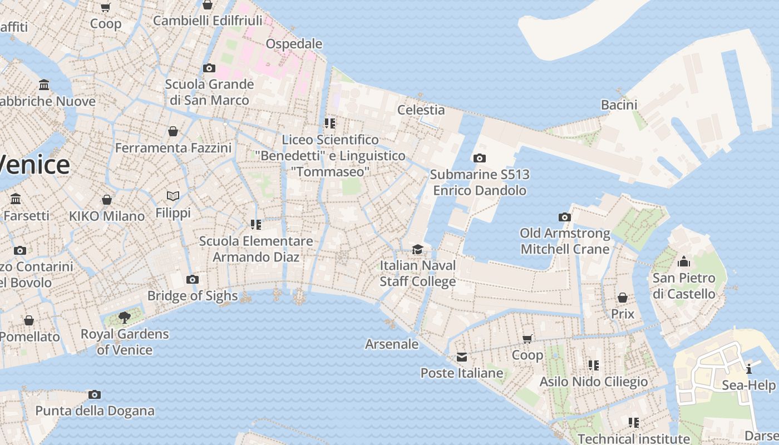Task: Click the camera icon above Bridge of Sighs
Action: (x=193, y=279)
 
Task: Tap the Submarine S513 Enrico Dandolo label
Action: (x=480, y=182)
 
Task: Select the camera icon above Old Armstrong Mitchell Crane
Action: (x=565, y=217)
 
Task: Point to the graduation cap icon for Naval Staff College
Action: (x=417, y=249)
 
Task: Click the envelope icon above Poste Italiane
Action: (x=462, y=357)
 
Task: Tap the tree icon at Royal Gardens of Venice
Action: (x=125, y=318)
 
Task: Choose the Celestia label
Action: (x=421, y=110)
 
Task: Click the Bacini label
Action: (x=619, y=105)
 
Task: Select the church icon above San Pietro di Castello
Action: (x=684, y=261)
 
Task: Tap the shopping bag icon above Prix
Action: (x=623, y=298)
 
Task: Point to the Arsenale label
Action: (x=392, y=344)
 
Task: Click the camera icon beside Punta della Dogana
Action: (x=95, y=395)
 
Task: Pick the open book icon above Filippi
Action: (x=173, y=196)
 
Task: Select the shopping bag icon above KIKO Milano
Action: (x=107, y=200)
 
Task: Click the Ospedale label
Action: (x=294, y=43)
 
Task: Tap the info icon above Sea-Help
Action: (x=749, y=369)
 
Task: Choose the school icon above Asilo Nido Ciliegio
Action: (x=594, y=365)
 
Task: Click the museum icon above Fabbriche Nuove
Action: (x=44, y=85)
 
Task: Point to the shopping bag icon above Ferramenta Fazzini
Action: (x=173, y=132)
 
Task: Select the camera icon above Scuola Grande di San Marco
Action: (x=209, y=68)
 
